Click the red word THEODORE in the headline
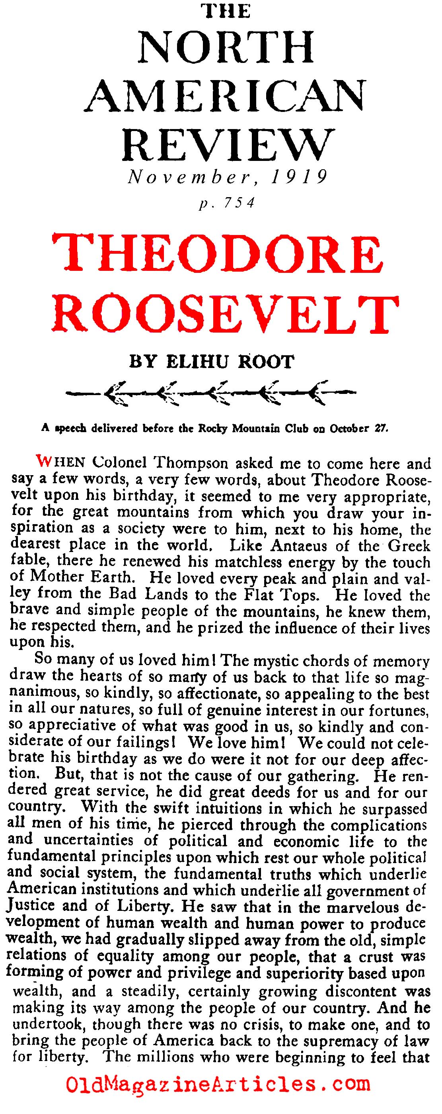point(218,255)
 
